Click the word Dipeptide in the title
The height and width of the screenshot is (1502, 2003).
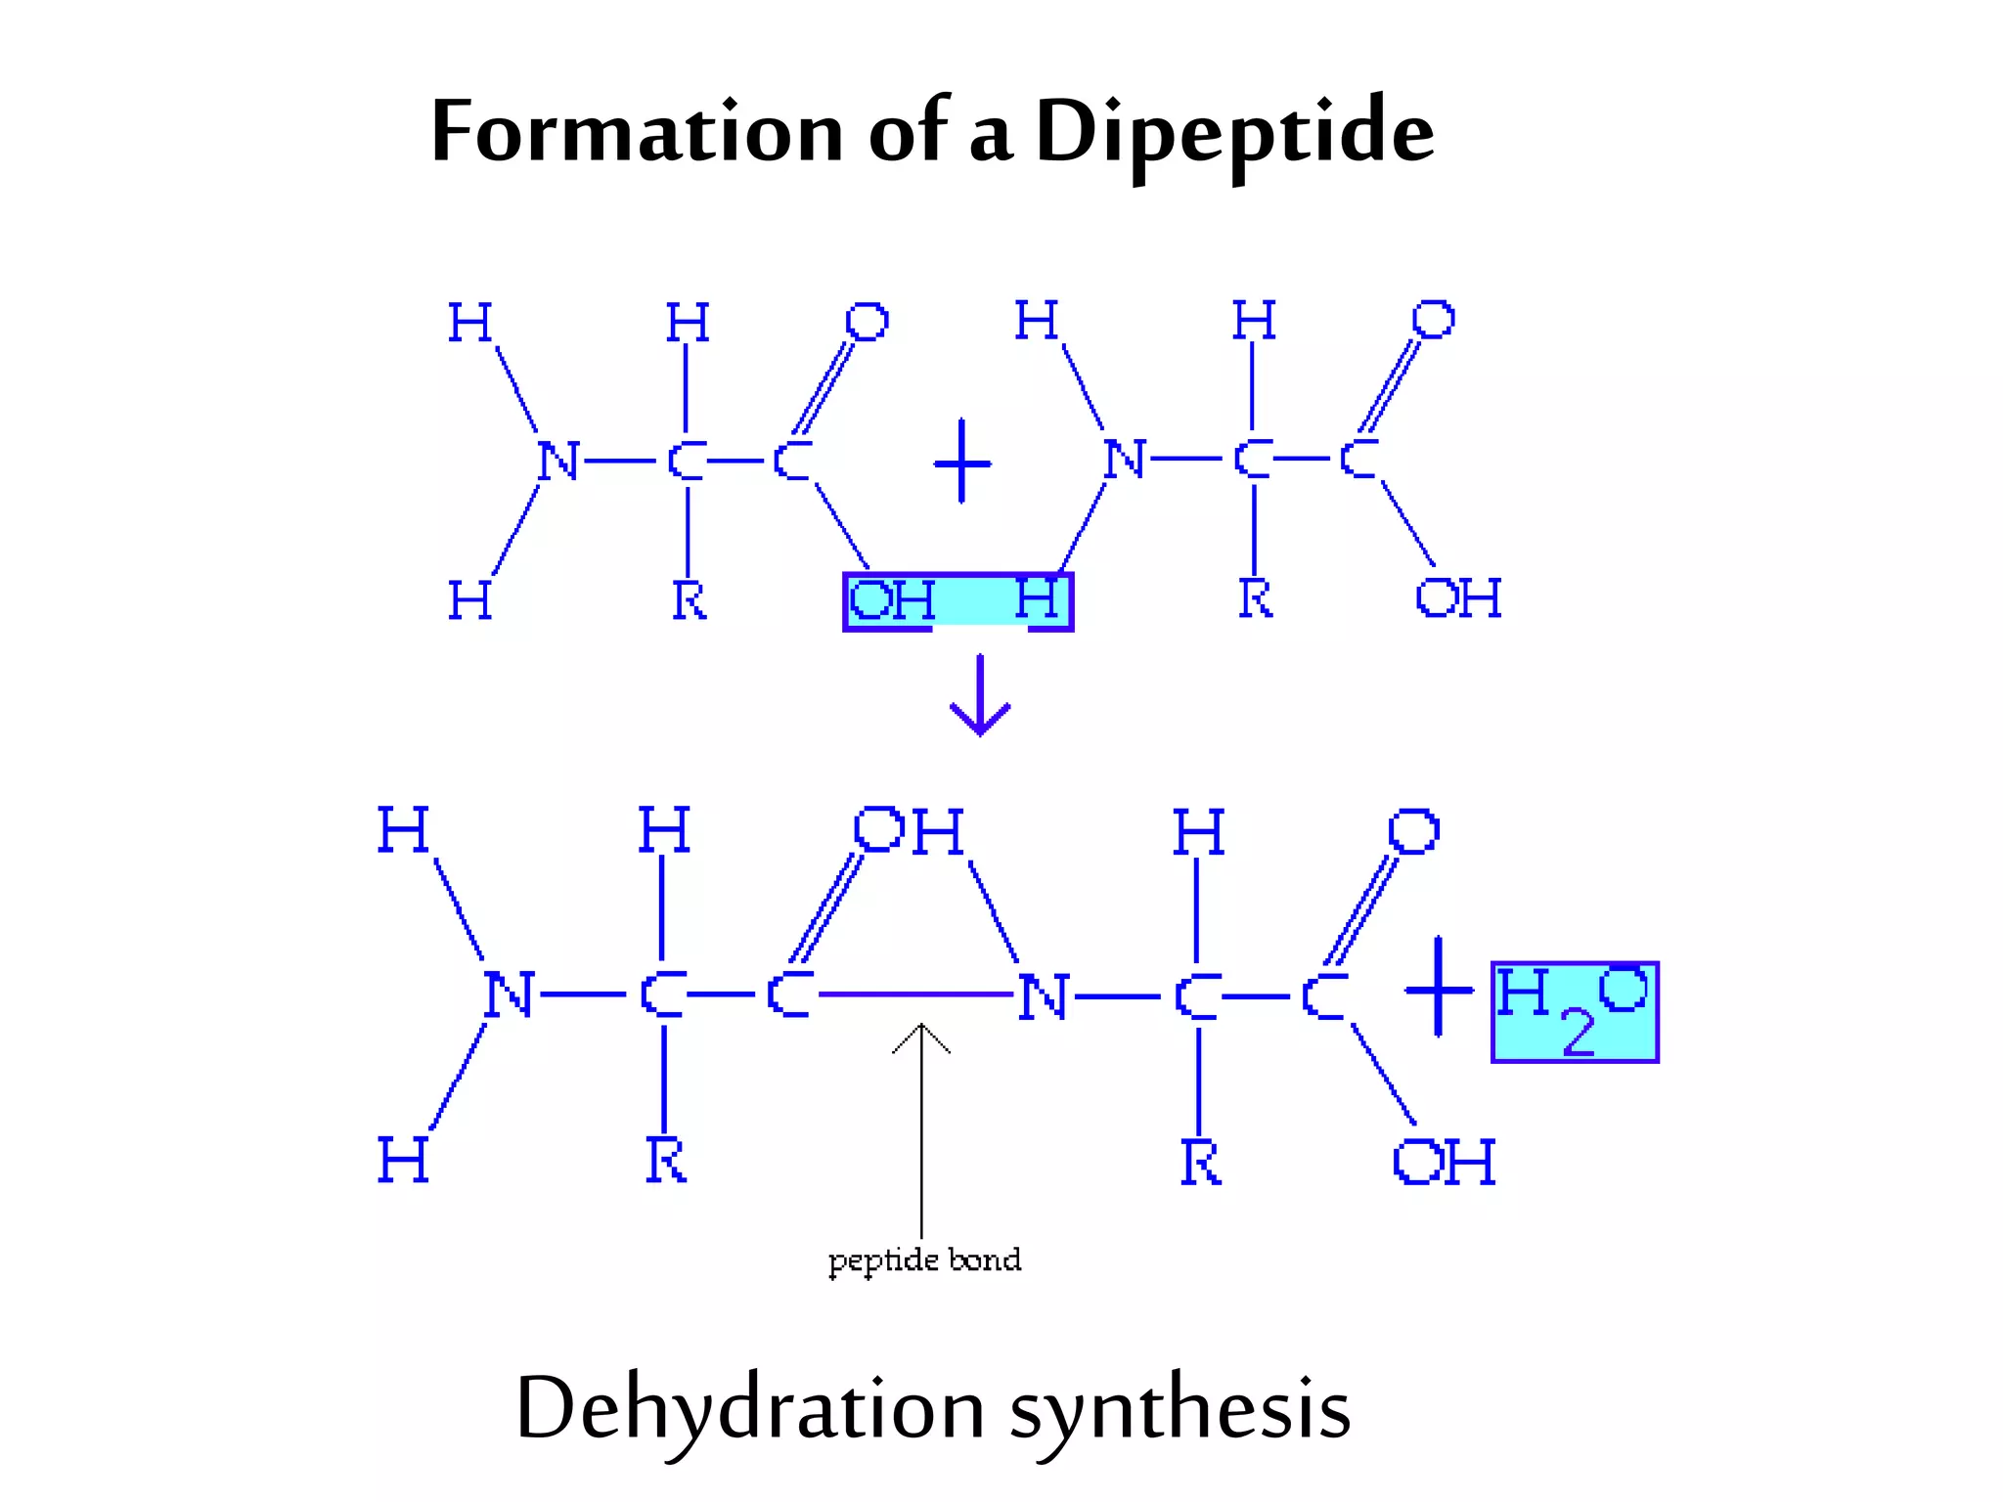[x=1234, y=132]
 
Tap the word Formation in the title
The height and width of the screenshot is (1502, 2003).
[x=637, y=132]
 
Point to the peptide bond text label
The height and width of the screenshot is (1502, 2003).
[x=924, y=1259]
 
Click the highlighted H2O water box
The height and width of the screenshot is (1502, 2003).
[x=1575, y=1012]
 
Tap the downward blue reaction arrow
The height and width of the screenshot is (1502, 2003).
[x=980, y=696]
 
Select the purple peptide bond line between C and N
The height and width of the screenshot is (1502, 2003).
[x=915, y=994]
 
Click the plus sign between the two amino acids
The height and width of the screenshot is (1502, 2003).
[x=962, y=461]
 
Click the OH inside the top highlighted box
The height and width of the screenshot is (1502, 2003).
[x=891, y=599]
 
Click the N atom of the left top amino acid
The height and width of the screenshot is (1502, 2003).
[x=558, y=461]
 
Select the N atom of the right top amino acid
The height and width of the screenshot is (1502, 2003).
[x=1125, y=459]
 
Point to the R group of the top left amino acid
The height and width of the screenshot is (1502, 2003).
[x=689, y=599]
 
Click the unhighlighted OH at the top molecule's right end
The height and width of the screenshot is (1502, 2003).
[x=1458, y=597]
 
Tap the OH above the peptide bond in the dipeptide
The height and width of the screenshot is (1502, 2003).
[x=909, y=830]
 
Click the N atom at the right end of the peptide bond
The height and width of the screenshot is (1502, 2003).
[x=1043, y=997]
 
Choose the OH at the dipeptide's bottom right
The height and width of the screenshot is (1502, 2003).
[x=1444, y=1162]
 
